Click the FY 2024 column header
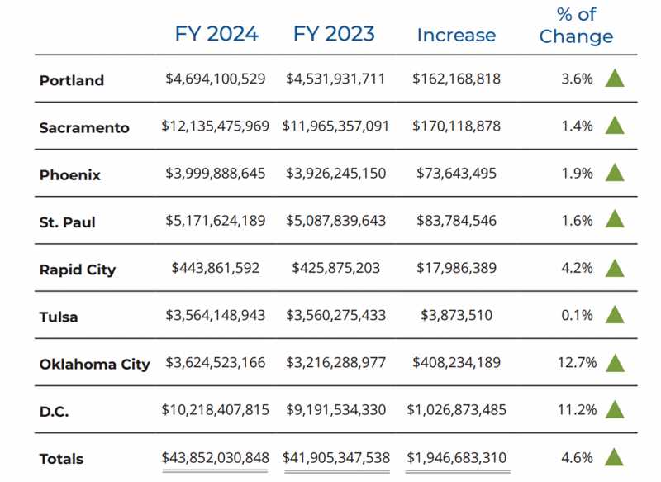pyautogui.click(x=216, y=34)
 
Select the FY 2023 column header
pyautogui.click(x=334, y=34)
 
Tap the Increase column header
pyautogui.click(x=456, y=36)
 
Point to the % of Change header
pyautogui.click(x=576, y=26)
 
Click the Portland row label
pyautogui.click(x=72, y=80)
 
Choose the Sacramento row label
pyautogui.click(x=84, y=127)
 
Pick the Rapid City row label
pyautogui.click(x=78, y=270)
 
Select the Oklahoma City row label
pyautogui.click(x=95, y=364)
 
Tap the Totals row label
pyautogui.click(x=62, y=459)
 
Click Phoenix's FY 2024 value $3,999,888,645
pyautogui.click(x=216, y=174)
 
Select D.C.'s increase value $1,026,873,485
pyautogui.click(x=456, y=409)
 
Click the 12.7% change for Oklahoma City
pyautogui.click(x=576, y=363)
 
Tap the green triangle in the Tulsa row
pyautogui.click(x=613, y=315)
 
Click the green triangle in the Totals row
pyautogui.click(x=613, y=457)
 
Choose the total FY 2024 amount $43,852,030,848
pyautogui.click(x=216, y=457)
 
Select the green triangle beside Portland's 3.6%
pyautogui.click(x=613, y=79)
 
